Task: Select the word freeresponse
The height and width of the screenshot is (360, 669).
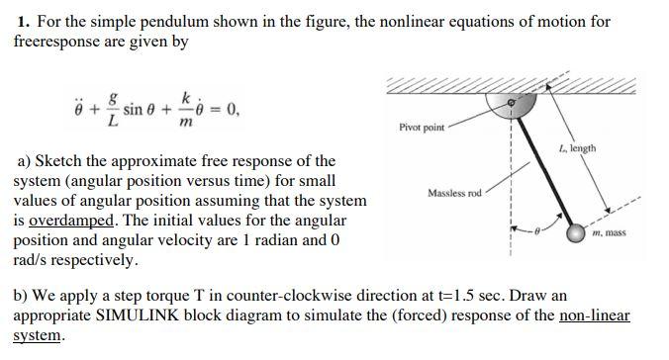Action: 58,43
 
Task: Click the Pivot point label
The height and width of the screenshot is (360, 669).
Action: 422,128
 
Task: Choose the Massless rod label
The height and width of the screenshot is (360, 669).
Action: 454,192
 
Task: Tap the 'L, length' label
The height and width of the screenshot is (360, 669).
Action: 577,148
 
